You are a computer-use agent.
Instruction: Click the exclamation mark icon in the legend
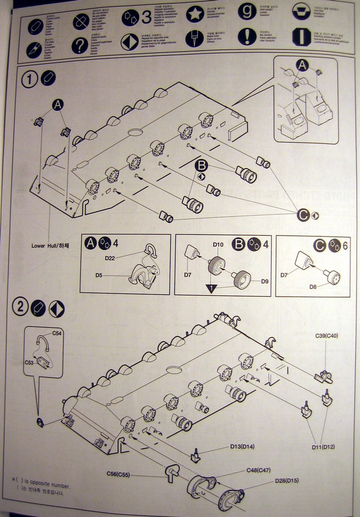247,37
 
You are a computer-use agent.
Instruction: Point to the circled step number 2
21,307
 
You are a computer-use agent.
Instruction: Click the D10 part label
218,245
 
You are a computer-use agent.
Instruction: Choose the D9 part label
264,281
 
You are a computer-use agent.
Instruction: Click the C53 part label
29,362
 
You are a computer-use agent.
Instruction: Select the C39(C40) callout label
327,336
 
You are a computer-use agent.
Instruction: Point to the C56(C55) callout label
118,474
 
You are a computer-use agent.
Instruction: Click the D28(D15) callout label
287,482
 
